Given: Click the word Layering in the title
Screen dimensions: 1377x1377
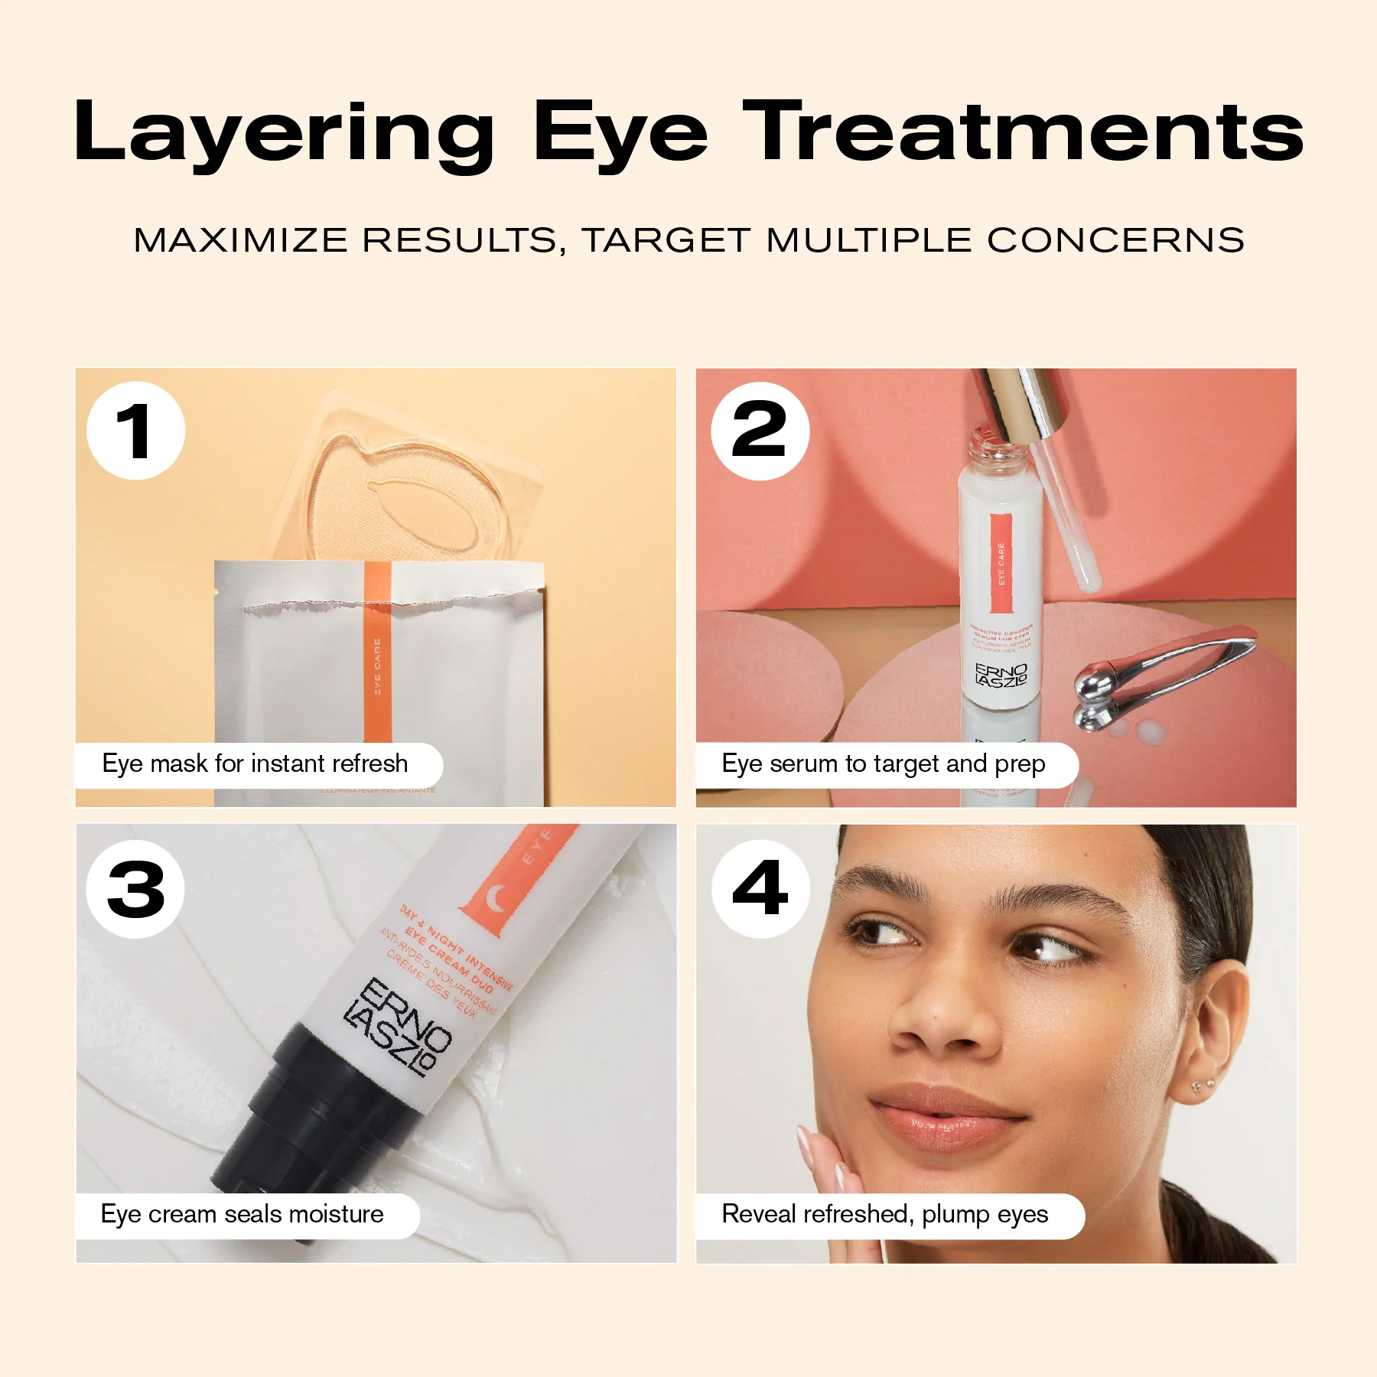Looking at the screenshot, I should pos(284,134).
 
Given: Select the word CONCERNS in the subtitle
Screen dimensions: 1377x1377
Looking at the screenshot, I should pos(1115,240).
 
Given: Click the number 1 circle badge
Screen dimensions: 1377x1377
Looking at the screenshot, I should pos(136,431).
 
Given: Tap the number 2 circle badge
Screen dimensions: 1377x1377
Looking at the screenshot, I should pos(760,431).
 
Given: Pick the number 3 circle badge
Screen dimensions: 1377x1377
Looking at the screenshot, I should pos(136,889).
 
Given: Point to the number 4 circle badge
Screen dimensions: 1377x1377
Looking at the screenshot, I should pos(760,889).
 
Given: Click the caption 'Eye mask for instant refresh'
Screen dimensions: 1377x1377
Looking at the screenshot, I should pos(256,764).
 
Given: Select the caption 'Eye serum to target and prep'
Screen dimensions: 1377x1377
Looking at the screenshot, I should pos(884,764).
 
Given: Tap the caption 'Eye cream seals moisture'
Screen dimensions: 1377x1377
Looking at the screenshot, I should pos(243,1214).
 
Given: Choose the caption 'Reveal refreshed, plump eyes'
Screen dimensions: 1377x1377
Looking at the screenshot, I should pos(885,1214).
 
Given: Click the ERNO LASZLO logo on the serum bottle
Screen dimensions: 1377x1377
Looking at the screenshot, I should pos(1001,675).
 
